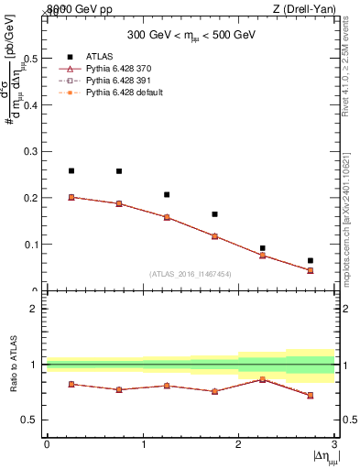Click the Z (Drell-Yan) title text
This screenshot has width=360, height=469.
[303, 7]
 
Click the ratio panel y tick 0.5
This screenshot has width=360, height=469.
[33, 420]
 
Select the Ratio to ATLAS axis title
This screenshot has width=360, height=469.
[14, 364]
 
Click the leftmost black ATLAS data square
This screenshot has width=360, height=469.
[71, 170]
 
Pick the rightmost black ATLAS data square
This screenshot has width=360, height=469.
[311, 261]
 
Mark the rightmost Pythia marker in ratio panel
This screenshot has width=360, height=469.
[311, 396]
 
